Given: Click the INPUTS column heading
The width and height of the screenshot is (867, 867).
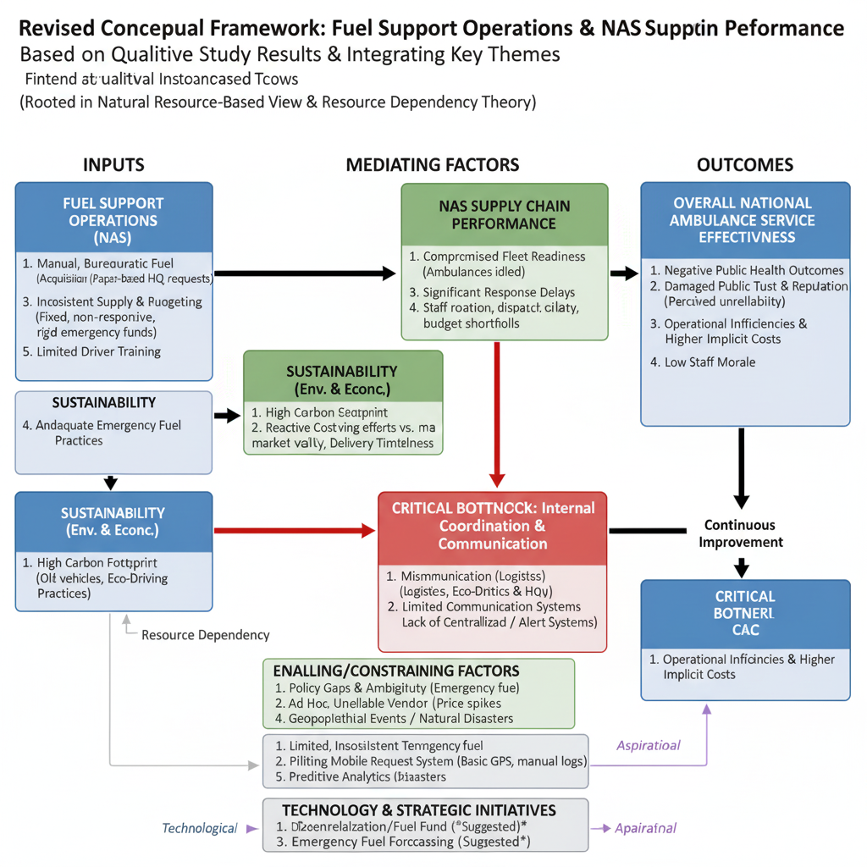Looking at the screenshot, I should click(x=113, y=164).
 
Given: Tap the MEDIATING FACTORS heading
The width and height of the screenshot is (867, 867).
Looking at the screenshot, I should click(x=433, y=164).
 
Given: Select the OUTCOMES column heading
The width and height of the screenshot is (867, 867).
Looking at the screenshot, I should click(x=745, y=164).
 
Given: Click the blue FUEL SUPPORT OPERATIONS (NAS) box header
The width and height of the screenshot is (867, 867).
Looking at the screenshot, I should click(x=113, y=220).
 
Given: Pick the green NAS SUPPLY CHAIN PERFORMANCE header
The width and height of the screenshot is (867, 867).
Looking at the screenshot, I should click(x=505, y=215).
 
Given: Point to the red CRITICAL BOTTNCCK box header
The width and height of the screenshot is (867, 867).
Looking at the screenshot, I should click(x=493, y=526).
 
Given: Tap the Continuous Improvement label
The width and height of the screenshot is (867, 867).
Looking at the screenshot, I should click(x=740, y=533).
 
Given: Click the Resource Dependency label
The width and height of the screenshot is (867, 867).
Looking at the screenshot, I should click(x=205, y=635).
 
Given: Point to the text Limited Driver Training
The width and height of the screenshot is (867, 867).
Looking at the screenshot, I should click(x=99, y=351).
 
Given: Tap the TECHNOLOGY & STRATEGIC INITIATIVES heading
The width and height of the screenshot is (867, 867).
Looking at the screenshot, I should click(x=419, y=809).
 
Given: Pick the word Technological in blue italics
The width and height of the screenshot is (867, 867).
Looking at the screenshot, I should click(x=200, y=828).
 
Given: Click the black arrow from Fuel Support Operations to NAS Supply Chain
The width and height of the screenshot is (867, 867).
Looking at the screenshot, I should click(x=305, y=273).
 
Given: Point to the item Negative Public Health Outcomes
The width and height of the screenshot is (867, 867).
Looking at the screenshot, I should click(x=748, y=270).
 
